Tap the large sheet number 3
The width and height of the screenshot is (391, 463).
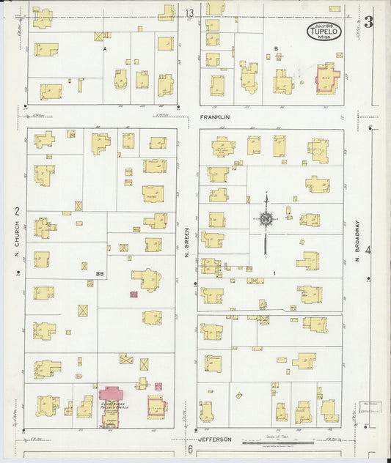368,22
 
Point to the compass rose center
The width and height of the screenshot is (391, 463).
265,218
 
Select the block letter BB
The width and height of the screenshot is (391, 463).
99,274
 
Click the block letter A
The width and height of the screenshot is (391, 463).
105,48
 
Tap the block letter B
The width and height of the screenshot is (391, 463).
276,48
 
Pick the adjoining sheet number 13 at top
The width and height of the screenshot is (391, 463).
189,13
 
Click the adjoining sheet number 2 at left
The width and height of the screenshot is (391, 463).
16,211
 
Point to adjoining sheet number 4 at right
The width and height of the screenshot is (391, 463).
368,251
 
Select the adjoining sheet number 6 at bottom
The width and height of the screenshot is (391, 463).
189,448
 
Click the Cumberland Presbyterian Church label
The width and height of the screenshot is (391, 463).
112,402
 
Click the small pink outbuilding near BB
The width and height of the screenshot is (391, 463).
134,294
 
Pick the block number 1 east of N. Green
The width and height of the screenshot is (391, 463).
274,273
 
